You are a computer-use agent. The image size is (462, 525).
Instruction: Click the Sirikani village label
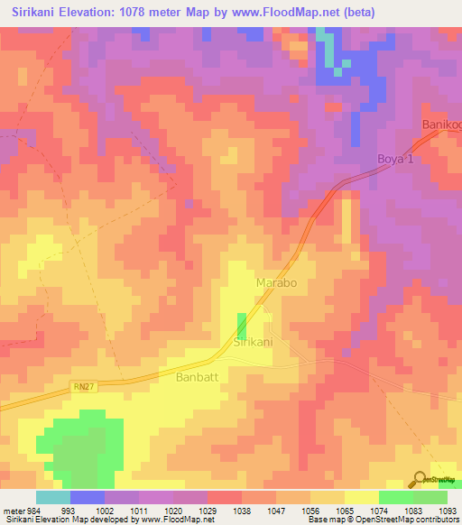[x=254, y=343]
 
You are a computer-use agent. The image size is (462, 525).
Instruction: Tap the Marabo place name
[x=276, y=282]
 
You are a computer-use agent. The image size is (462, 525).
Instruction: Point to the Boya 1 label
[x=394, y=160]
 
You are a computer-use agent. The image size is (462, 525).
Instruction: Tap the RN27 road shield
[x=83, y=387]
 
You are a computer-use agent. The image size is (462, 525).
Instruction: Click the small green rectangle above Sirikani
[x=242, y=326]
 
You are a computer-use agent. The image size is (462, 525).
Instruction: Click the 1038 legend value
[x=240, y=511]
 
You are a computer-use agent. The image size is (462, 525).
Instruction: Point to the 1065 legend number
[x=344, y=511]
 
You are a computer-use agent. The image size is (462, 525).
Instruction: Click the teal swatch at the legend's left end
[x=53, y=497]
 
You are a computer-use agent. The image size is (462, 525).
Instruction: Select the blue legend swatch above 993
[x=88, y=497]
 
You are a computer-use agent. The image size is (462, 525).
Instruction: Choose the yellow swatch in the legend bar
[x=362, y=497]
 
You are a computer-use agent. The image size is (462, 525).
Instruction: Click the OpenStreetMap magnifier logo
[x=419, y=480]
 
